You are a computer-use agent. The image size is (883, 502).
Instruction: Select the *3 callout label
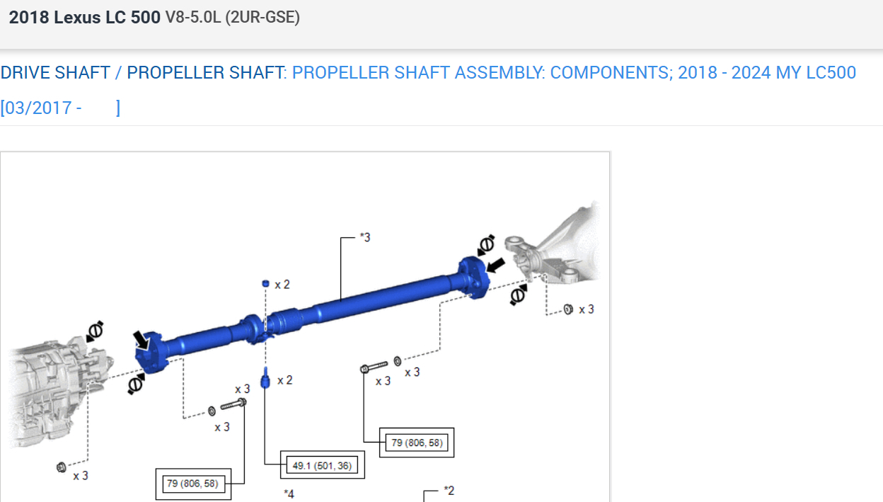[364, 237]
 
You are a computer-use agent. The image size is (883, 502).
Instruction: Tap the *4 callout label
[289, 494]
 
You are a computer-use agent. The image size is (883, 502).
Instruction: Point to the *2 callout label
[449, 490]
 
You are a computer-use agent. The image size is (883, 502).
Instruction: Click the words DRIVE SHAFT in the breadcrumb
[55, 73]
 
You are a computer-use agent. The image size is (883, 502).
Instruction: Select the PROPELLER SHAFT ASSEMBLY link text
[417, 73]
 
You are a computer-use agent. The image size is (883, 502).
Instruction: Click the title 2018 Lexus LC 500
[84, 18]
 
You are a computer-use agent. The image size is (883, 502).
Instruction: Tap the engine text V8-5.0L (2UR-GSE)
[232, 18]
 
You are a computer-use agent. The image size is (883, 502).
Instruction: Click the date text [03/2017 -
[41, 108]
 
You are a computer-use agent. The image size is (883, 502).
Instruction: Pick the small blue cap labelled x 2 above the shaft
[265, 283]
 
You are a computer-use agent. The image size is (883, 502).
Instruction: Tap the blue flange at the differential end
[473, 277]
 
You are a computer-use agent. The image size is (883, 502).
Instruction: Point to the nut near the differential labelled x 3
[568, 309]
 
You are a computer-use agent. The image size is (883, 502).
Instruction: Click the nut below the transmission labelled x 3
[61, 467]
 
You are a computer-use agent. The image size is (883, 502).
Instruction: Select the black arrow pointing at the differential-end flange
[496, 266]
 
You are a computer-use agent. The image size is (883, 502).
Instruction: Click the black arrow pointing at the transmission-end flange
[142, 341]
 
